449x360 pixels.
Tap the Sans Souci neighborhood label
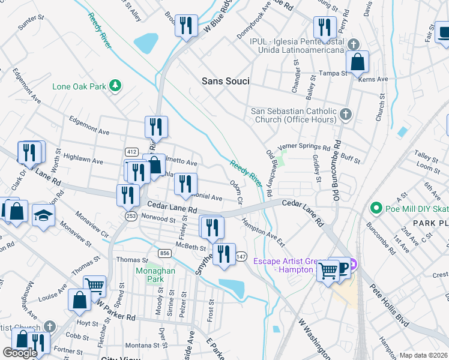tap(225, 81)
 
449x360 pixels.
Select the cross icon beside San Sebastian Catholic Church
tap(345, 114)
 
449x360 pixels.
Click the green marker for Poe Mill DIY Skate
tap(376, 208)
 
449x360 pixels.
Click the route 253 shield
tap(131, 216)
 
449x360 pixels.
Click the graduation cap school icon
tap(43, 215)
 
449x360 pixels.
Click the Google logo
tap(20, 353)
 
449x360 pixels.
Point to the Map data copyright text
tap(423, 355)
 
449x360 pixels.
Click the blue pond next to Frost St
tap(232, 289)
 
